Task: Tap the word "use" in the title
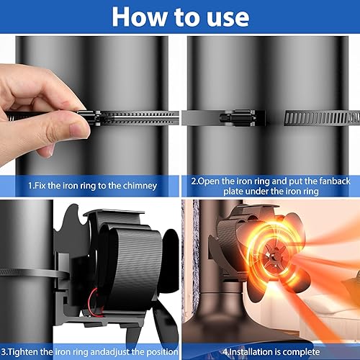[228, 18]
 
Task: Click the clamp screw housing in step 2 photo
[238, 117]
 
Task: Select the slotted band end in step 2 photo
[322, 118]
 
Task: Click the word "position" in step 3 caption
[162, 352]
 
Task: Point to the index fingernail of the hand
[77, 130]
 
